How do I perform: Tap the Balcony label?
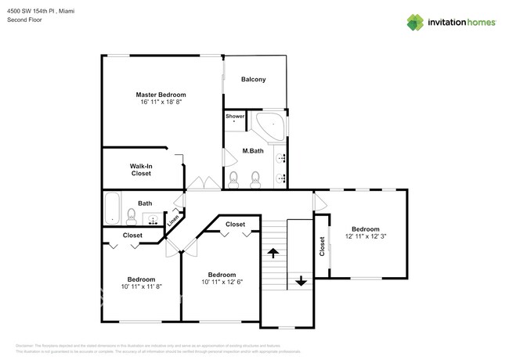[x=253, y=79]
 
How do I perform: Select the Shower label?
[x=235, y=116]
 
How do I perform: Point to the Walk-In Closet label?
[x=141, y=169]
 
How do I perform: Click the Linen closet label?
[x=173, y=221]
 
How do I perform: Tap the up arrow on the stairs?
[x=273, y=253]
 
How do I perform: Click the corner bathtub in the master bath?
[x=271, y=126]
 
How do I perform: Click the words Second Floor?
[x=26, y=19]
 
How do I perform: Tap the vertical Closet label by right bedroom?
[x=322, y=247]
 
